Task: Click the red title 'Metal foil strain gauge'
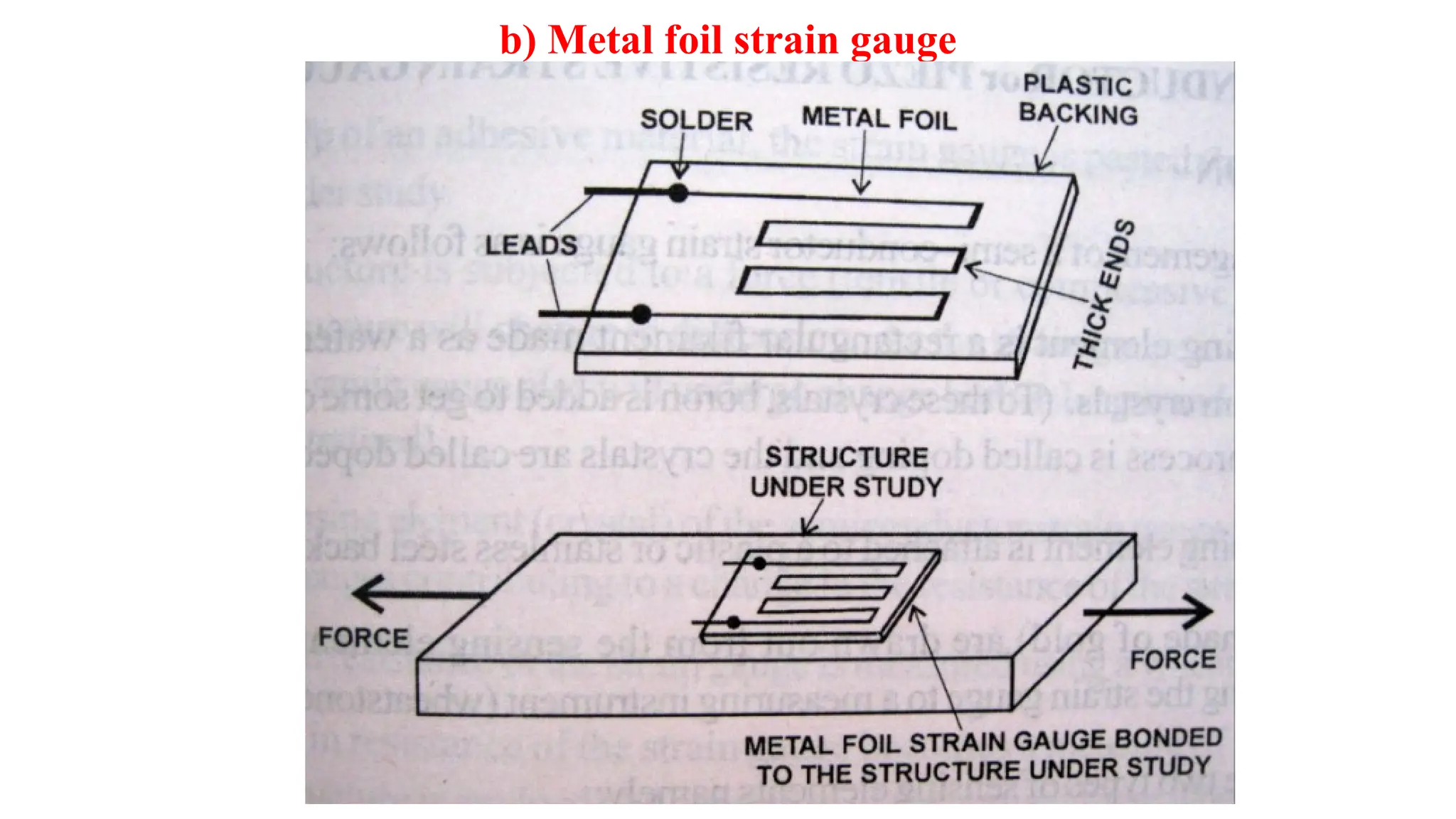pos(728,41)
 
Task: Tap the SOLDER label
pos(696,120)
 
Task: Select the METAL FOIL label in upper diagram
pos(879,118)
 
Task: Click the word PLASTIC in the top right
pos(1077,85)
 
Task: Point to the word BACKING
pos(1078,114)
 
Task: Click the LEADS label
pos(531,245)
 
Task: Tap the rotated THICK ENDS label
pos(1103,294)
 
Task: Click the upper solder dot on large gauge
pos(678,193)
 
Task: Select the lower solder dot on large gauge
pos(641,314)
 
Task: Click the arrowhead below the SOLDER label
pos(680,171)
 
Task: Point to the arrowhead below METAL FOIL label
pos(861,188)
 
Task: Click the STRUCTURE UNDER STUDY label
pos(846,472)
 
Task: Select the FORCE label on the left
pos(363,638)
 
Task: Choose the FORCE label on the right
pos(1173,660)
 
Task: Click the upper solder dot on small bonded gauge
pos(759,564)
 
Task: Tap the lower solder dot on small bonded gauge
pos(734,623)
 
